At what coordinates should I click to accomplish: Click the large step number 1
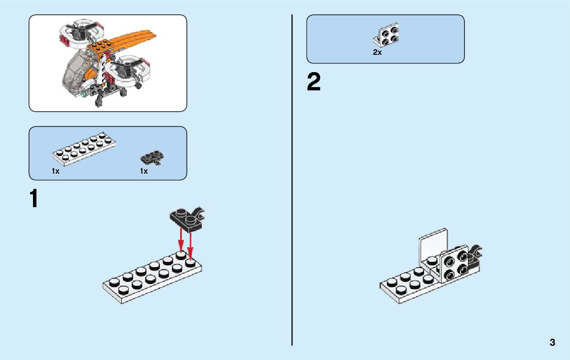click(33, 199)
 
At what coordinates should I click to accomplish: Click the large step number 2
click(314, 83)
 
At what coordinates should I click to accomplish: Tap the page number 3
click(552, 342)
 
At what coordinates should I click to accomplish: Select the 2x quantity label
click(377, 52)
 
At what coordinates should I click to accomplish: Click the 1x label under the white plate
click(55, 171)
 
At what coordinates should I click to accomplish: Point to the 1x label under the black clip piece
click(144, 171)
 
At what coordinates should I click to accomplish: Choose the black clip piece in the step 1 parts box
click(153, 158)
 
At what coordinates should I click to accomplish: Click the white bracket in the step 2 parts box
click(387, 35)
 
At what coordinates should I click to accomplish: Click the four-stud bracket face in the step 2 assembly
click(455, 264)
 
